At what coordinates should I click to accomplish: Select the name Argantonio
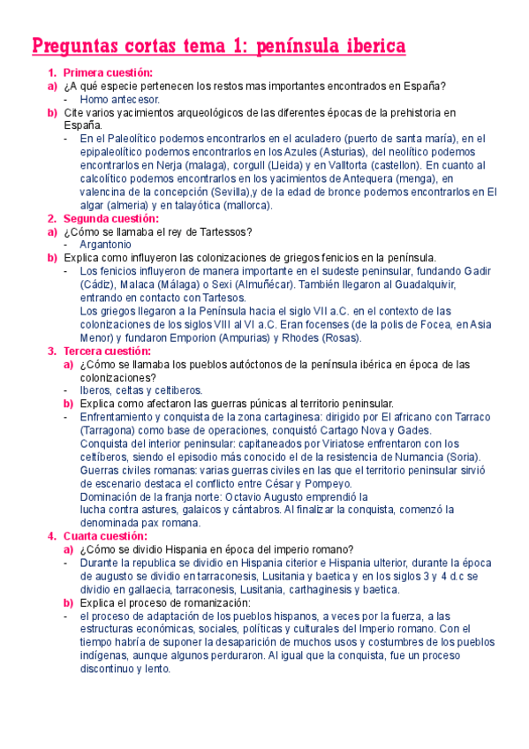click(x=106, y=245)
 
